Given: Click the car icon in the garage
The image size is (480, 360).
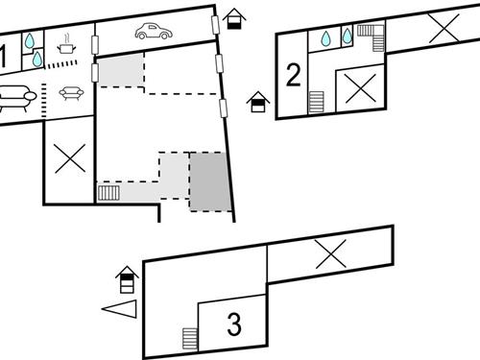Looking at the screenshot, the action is point(153,32).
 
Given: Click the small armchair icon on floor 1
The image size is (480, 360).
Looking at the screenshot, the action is point(70,93).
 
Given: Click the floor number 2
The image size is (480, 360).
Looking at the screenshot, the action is point(294,74).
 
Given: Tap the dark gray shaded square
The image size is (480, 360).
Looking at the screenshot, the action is point(210,181).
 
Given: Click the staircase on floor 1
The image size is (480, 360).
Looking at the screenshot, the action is point(108,192).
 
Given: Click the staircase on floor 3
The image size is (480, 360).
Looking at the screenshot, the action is point(189,338).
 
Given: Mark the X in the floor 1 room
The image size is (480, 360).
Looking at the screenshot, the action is point(68,157).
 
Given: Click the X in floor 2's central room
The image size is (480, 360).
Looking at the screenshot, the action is point(359,90).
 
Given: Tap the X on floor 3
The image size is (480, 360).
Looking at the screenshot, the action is point(330,253).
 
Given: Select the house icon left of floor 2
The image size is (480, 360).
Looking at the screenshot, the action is point(257,101).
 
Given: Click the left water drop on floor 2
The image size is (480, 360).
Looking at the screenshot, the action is point(326,38).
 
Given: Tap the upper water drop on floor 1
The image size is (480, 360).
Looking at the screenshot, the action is point(32,41).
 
